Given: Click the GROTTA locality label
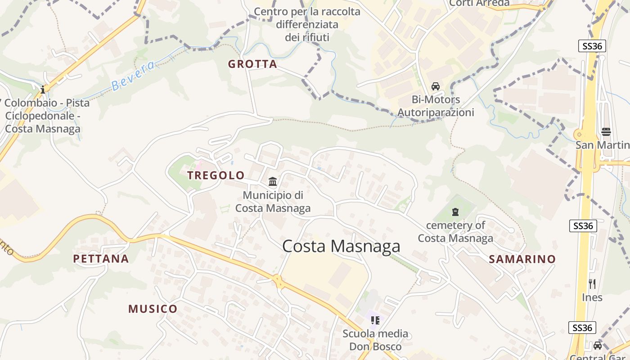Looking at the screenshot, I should coord(252,64).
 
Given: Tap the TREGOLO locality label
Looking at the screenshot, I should coord(216,175).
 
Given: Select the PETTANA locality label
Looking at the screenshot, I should coord(101,259).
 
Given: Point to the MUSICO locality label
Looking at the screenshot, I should coord(153,309).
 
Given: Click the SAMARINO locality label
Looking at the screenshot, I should coord(522,259).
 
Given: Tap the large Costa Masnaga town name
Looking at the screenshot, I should coord(341,246).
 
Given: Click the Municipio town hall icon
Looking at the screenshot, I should coord(273,182).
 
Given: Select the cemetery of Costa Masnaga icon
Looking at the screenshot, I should coord(455,211).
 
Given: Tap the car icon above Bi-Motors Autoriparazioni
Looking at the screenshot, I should coord(435,86).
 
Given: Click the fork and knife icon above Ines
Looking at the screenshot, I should coord(592,283).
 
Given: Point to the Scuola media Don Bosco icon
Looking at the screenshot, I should coord(375,320).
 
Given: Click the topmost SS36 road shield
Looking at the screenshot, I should coord(592,46).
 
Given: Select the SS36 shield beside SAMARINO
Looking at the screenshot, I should coord(583,226).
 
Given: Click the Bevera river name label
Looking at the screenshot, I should coord(133,75).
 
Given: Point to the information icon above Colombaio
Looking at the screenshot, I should coord(43,90).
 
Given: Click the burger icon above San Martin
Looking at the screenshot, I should coord(606,131).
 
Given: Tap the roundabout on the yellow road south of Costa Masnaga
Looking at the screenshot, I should coord(278,281).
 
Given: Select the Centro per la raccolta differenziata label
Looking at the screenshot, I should coord(307,24).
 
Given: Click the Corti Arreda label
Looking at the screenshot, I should coord(479,3).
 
